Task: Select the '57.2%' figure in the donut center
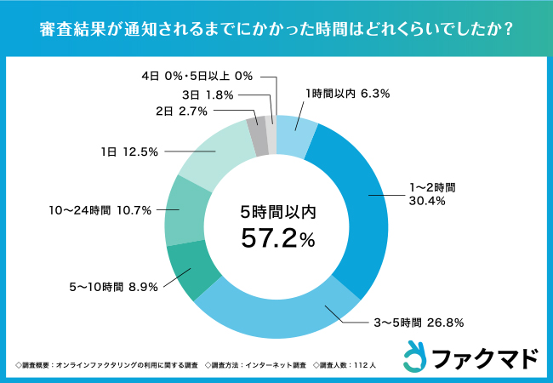tap(276, 241)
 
